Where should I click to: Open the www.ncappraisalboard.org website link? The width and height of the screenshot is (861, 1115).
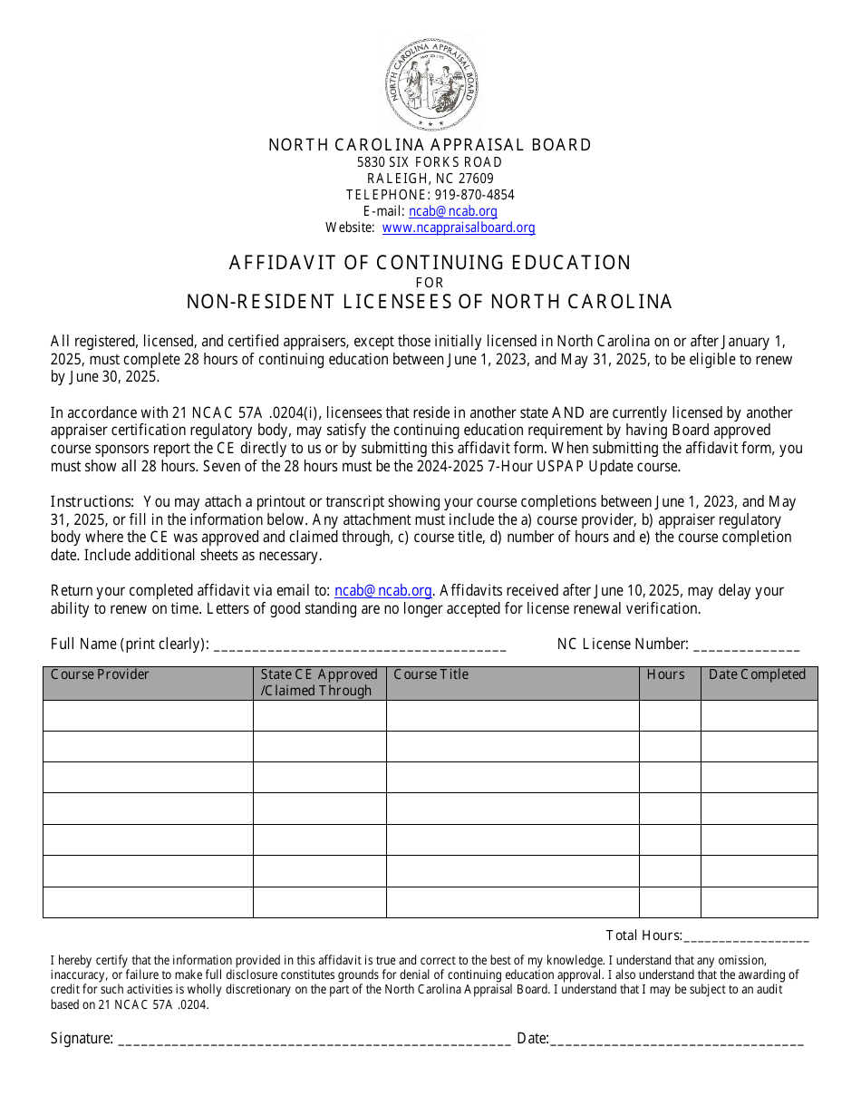(458, 228)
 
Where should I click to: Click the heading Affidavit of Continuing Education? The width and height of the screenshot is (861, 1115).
(430, 263)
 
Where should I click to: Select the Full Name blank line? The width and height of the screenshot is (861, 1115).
(359, 645)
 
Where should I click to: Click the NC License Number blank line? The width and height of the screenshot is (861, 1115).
(746, 645)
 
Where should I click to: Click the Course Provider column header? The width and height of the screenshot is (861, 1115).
(147, 683)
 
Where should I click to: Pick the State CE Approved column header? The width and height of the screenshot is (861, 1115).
(319, 683)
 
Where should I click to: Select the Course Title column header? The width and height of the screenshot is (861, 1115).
(512, 683)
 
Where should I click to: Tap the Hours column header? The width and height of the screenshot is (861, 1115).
(669, 683)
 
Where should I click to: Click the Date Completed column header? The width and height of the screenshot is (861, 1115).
(759, 683)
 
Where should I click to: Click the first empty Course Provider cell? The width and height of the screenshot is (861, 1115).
(147, 715)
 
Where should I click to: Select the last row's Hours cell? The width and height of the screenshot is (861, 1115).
(669, 902)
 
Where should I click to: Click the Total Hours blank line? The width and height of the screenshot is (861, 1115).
(746, 936)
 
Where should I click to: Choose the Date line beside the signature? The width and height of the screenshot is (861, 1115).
(677, 1040)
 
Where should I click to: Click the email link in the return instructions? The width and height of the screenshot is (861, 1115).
(382, 590)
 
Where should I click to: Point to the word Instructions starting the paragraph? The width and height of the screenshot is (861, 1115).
(92, 502)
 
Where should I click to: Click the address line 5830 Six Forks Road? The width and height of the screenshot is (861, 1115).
(430, 162)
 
